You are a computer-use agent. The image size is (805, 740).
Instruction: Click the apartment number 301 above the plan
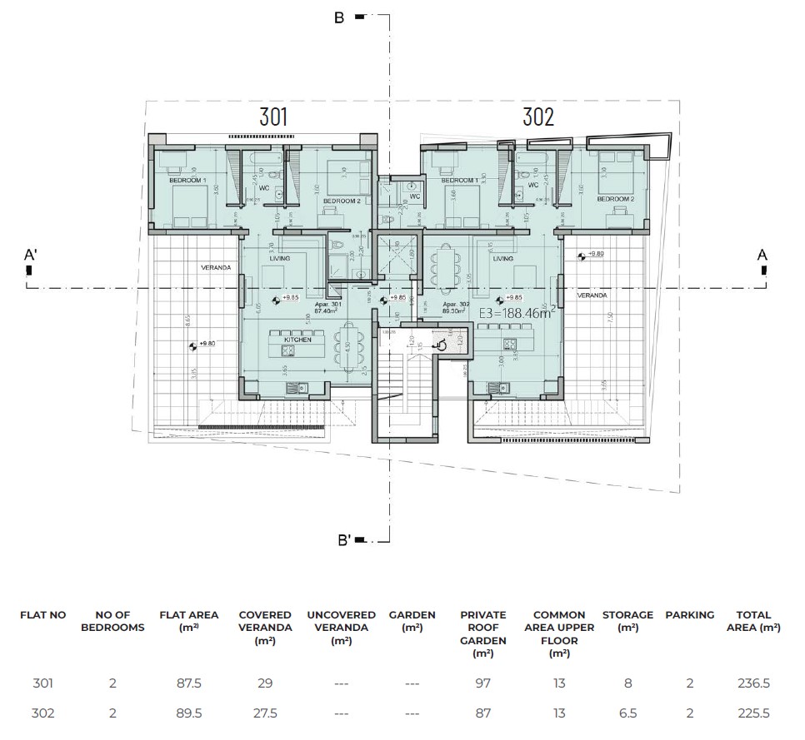click(x=273, y=117)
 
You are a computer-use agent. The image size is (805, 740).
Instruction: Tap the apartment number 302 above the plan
click(x=538, y=117)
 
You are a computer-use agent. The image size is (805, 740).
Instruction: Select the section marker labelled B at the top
click(x=339, y=17)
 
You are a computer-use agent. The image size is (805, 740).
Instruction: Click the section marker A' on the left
click(x=30, y=257)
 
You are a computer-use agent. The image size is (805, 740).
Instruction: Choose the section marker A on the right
click(x=761, y=256)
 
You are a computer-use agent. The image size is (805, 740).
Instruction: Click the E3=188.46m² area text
click(x=517, y=314)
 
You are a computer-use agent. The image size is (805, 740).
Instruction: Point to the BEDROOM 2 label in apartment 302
click(x=615, y=200)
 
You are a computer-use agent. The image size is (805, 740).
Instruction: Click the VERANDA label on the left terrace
click(x=214, y=268)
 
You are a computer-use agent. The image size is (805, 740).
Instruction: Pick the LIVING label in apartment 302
click(x=502, y=259)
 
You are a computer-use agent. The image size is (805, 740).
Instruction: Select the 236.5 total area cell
click(x=753, y=684)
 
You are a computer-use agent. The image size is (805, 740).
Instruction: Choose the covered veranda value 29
click(x=265, y=684)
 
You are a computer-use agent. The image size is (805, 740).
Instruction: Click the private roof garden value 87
click(x=482, y=713)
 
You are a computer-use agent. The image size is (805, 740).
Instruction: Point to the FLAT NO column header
click(x=42, y=615)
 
